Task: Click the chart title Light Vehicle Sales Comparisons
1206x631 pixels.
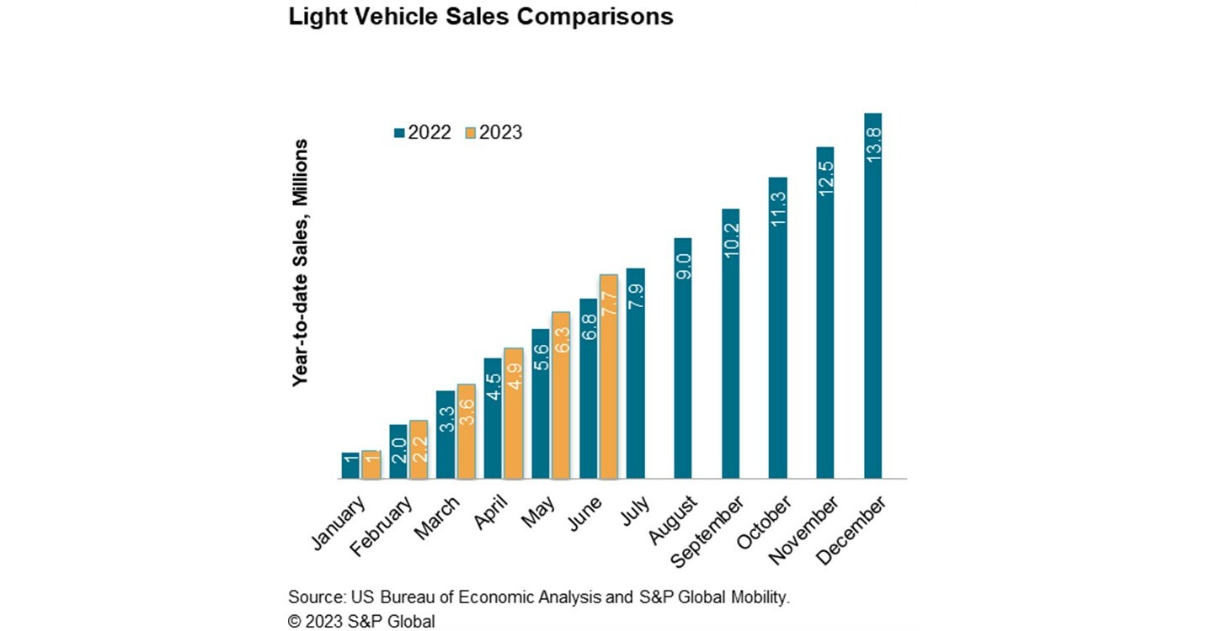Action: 480,17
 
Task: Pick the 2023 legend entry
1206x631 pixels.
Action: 494,132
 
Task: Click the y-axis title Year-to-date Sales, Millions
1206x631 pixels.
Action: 300,262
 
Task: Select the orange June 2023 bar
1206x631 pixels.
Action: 609,377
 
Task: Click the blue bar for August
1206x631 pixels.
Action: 683,358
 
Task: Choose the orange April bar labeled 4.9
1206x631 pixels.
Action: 513,413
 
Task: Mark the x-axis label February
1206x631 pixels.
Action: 392,526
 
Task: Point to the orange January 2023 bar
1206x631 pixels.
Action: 371,464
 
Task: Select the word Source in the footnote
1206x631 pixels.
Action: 314,597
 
